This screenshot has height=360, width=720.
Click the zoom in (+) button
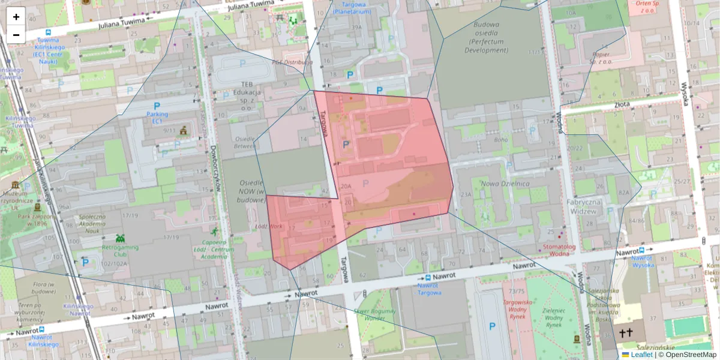16,17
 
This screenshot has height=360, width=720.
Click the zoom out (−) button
16,35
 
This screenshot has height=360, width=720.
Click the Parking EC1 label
157,118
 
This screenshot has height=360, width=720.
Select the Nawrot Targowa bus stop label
428,289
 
